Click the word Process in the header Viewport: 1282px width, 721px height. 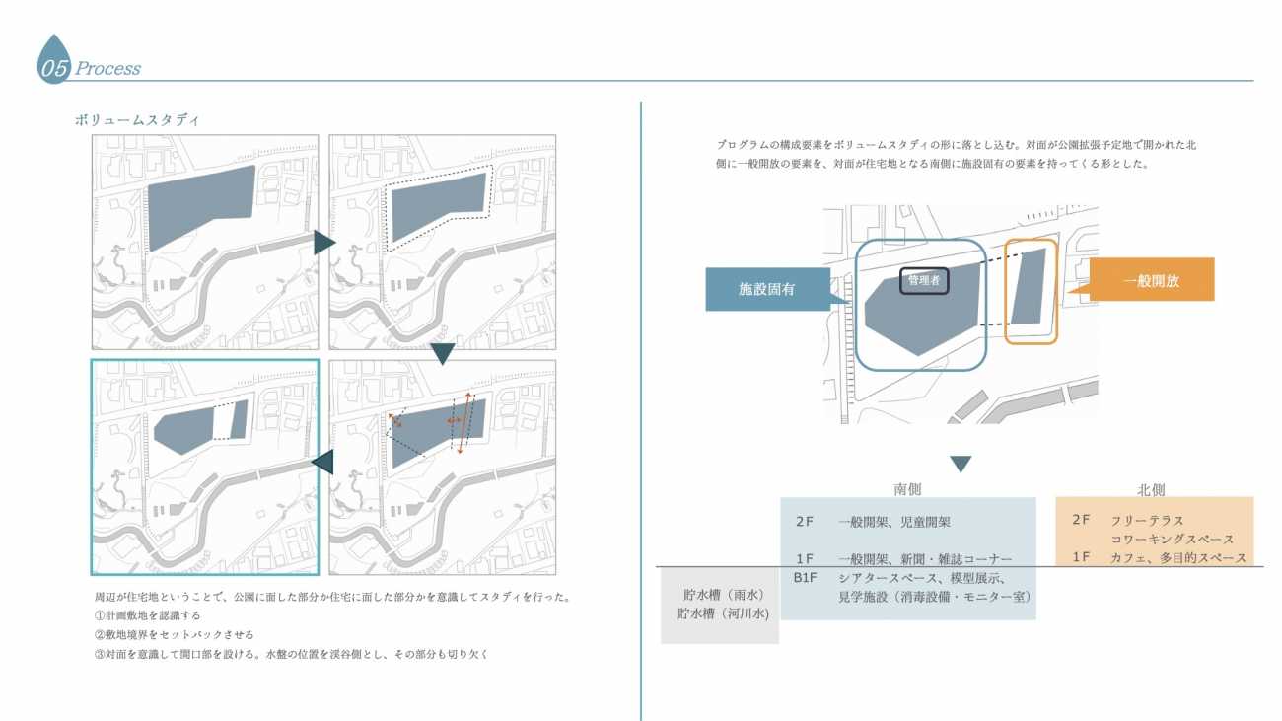107,69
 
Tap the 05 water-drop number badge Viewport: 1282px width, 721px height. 53,63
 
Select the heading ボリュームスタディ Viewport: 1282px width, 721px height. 137,120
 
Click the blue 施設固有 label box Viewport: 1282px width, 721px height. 767,290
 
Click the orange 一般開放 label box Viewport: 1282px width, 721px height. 1151,280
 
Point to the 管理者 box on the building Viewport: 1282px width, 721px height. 924,281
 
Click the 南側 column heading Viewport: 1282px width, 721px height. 907,489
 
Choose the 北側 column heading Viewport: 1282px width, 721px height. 1151,489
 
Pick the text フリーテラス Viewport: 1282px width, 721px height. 1146,521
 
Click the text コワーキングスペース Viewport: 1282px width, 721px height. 1172,540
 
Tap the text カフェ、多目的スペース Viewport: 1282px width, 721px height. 1177,558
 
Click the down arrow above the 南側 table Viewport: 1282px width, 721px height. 961,464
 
